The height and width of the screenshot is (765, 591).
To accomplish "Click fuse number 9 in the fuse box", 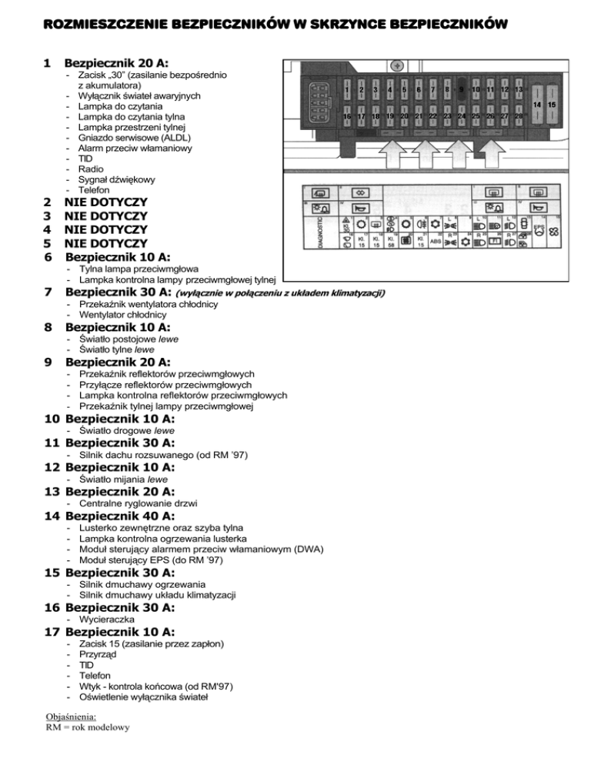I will (461, 89).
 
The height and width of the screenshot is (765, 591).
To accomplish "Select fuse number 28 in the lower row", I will (519, 116).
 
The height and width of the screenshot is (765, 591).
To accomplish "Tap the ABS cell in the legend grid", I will (435, 241).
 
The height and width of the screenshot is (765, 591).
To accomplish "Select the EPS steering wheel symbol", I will (540, 230).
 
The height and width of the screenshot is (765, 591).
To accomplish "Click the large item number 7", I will (48, 292).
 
